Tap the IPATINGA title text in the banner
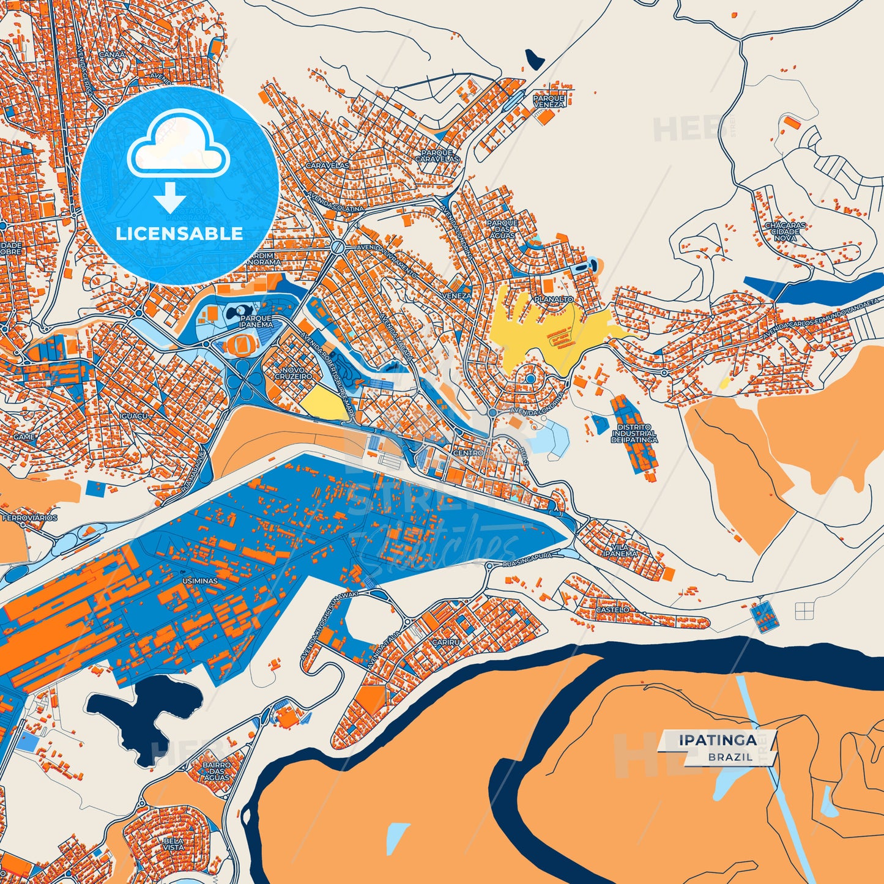(717, 740)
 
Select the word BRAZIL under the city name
(730, 757)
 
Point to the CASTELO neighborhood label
(612, 610)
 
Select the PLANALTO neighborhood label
(554, 300)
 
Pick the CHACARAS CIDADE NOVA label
(785, 231)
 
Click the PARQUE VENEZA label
(549, 101)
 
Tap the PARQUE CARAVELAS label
(437, 155)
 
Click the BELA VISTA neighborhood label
(173, 844)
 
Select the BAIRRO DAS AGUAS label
(217, 771)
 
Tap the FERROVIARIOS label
(30, 518)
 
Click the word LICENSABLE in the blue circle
(179, 234)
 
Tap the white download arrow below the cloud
(169, 197)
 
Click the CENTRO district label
(468, 453)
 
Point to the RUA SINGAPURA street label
(527, 559)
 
